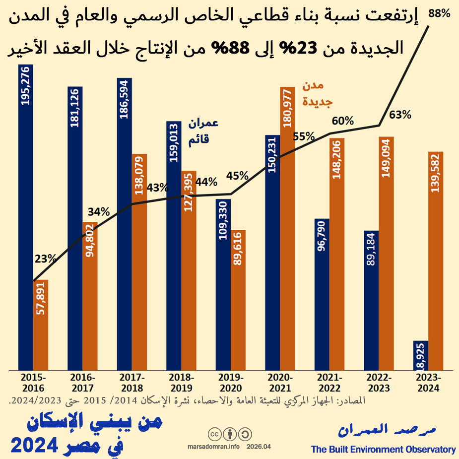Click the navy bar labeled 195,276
(x=26, y=218)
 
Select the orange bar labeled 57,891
(x=41, y=325)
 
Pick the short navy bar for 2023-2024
(x=420, y=355)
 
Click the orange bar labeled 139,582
(x=435, y=261)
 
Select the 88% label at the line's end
(x=439, y=14)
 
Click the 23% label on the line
(x=45, y=259)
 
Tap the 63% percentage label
(x=400, y=115)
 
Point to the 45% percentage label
(x=237, y=176)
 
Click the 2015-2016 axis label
(x=33, y=383)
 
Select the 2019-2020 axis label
(x=230, y=383)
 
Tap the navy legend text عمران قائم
(x=203, y=131)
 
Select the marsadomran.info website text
(x=214, y=447)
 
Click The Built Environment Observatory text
(x=383, y=450)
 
